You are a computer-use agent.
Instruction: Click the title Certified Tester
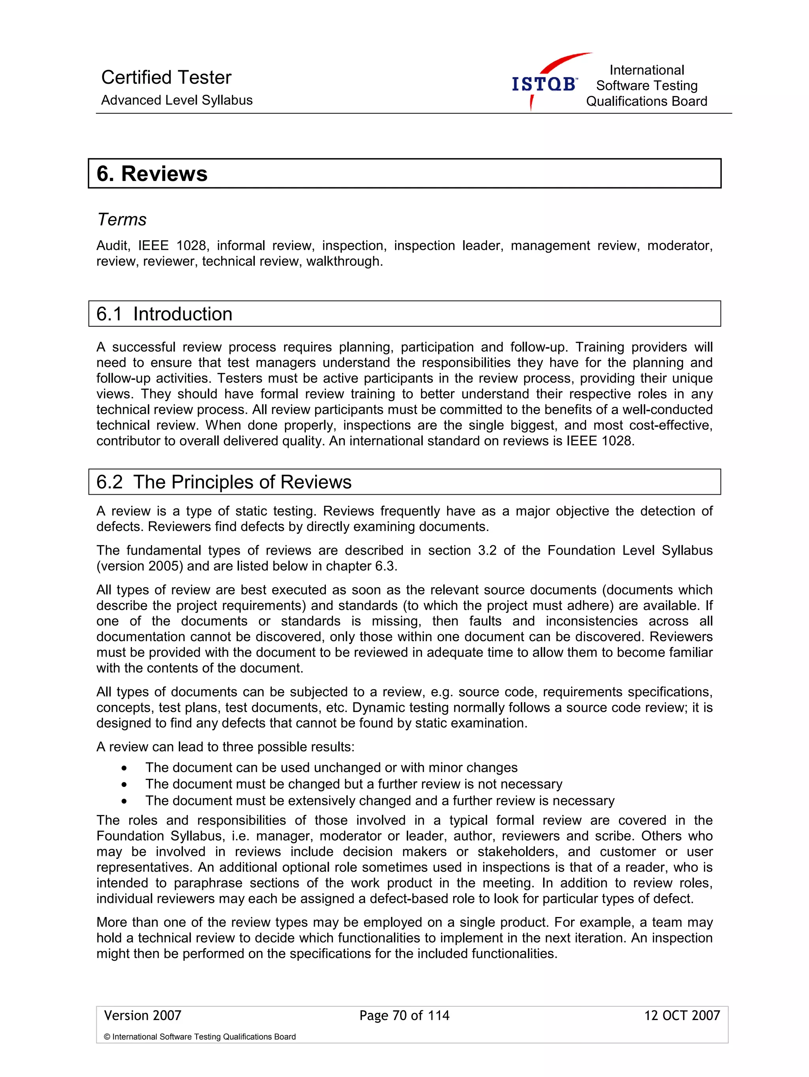click(x=166, y=77)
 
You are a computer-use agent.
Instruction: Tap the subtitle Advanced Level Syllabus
click(x=177, y=100)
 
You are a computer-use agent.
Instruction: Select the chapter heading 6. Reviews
click(x=152, y=174)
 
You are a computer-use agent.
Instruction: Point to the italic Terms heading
click(x=122, y=220)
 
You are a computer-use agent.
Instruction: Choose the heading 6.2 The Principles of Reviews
click(x=224, y=482)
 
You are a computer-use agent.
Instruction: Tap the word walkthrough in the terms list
click(x=344, y=262)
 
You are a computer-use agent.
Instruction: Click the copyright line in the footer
click(x=199, y=1037)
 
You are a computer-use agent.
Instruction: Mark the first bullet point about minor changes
click(x=331, y=768)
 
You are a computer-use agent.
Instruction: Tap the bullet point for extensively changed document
click(x=380, y=801)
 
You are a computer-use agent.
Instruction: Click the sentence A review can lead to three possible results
click(x=226, y=747)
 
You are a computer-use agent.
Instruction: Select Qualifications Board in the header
click(x=646, y=101)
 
